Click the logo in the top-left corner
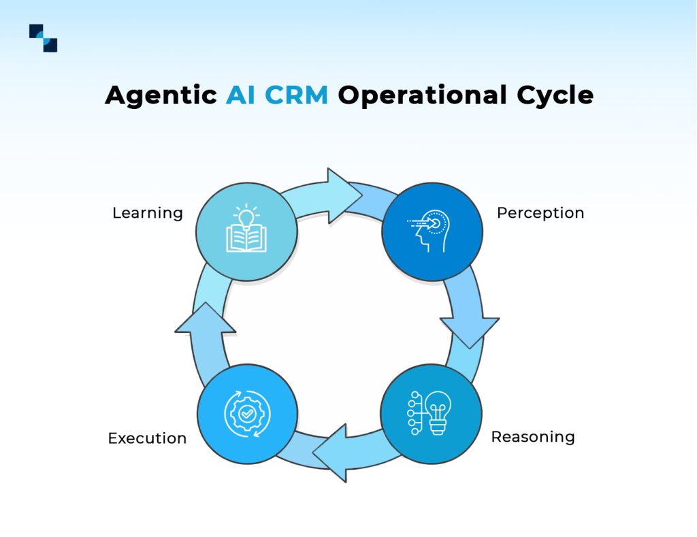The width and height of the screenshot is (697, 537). [43, 38]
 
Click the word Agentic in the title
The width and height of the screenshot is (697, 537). [161, 95]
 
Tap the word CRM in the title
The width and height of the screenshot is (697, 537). [296, 95]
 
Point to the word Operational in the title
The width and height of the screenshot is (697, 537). [422, 95]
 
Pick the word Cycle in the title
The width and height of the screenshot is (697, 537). [554, 95]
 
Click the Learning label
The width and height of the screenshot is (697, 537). [148, 213]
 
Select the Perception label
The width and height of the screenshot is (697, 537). [540, 213]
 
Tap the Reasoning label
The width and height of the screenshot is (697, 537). [533, 436]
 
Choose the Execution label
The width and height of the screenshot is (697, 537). [147, 438]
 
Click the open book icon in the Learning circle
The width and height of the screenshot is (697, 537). [246, 238]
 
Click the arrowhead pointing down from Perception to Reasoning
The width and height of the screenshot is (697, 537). [470, 328]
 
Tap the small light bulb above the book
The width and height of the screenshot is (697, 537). [246, 217]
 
